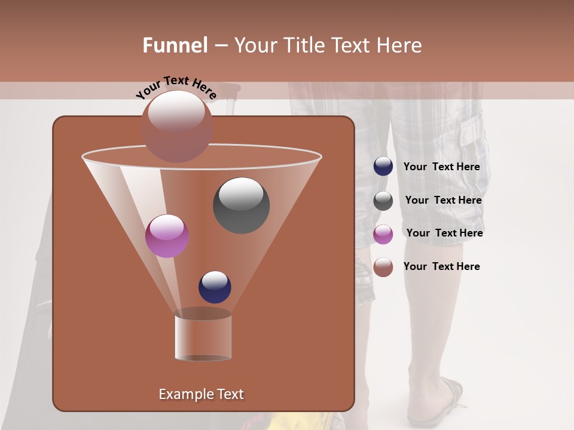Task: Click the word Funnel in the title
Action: tap(175, 45)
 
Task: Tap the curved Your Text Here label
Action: tap(176, 88)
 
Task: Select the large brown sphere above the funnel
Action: tap(177, 126)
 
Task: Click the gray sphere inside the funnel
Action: tap(241, 205)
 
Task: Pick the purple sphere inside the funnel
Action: tap(167, 236)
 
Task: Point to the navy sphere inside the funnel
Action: tap(215, 287)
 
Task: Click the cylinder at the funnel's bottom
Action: tap(203, 337)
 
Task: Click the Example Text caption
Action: tap(201, 394)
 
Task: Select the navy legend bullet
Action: tap(383, 166)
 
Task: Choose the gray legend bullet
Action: tap(383, 201)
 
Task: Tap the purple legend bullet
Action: tap(383, 234)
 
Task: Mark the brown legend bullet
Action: tap(383, 267)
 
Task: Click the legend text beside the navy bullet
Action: tap(441, 167)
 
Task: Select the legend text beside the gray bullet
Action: tap(443, 201)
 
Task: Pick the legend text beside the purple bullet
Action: tap(444, 233)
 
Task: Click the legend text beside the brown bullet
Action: tap(441, 266)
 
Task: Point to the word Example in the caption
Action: tap(182, 394)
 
